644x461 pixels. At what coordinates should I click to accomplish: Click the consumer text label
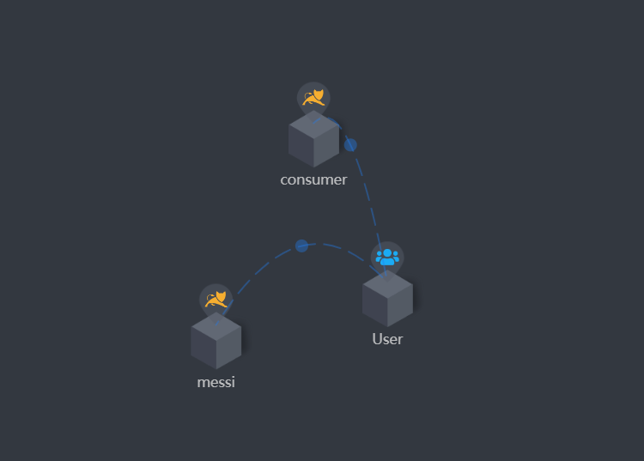point(313,179)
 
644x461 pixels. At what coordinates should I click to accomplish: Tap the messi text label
point(216,382)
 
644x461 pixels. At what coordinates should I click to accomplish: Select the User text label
point(387,338)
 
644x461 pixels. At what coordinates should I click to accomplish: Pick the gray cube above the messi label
point(216,341)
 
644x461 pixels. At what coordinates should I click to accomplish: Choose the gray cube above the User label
point(387,299)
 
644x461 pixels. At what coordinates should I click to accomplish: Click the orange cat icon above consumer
point(313,97)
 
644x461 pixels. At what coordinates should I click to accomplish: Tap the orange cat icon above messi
point(216,299)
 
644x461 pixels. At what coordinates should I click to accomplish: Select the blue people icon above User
point(387,256)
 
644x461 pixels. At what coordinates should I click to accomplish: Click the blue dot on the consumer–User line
point(350,144)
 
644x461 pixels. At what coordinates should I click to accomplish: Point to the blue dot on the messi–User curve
point(301,246)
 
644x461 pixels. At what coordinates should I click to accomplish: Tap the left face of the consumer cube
point(301,146)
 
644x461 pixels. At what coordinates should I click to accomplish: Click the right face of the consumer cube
point(327,146)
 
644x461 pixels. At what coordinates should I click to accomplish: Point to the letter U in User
point(377,338)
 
